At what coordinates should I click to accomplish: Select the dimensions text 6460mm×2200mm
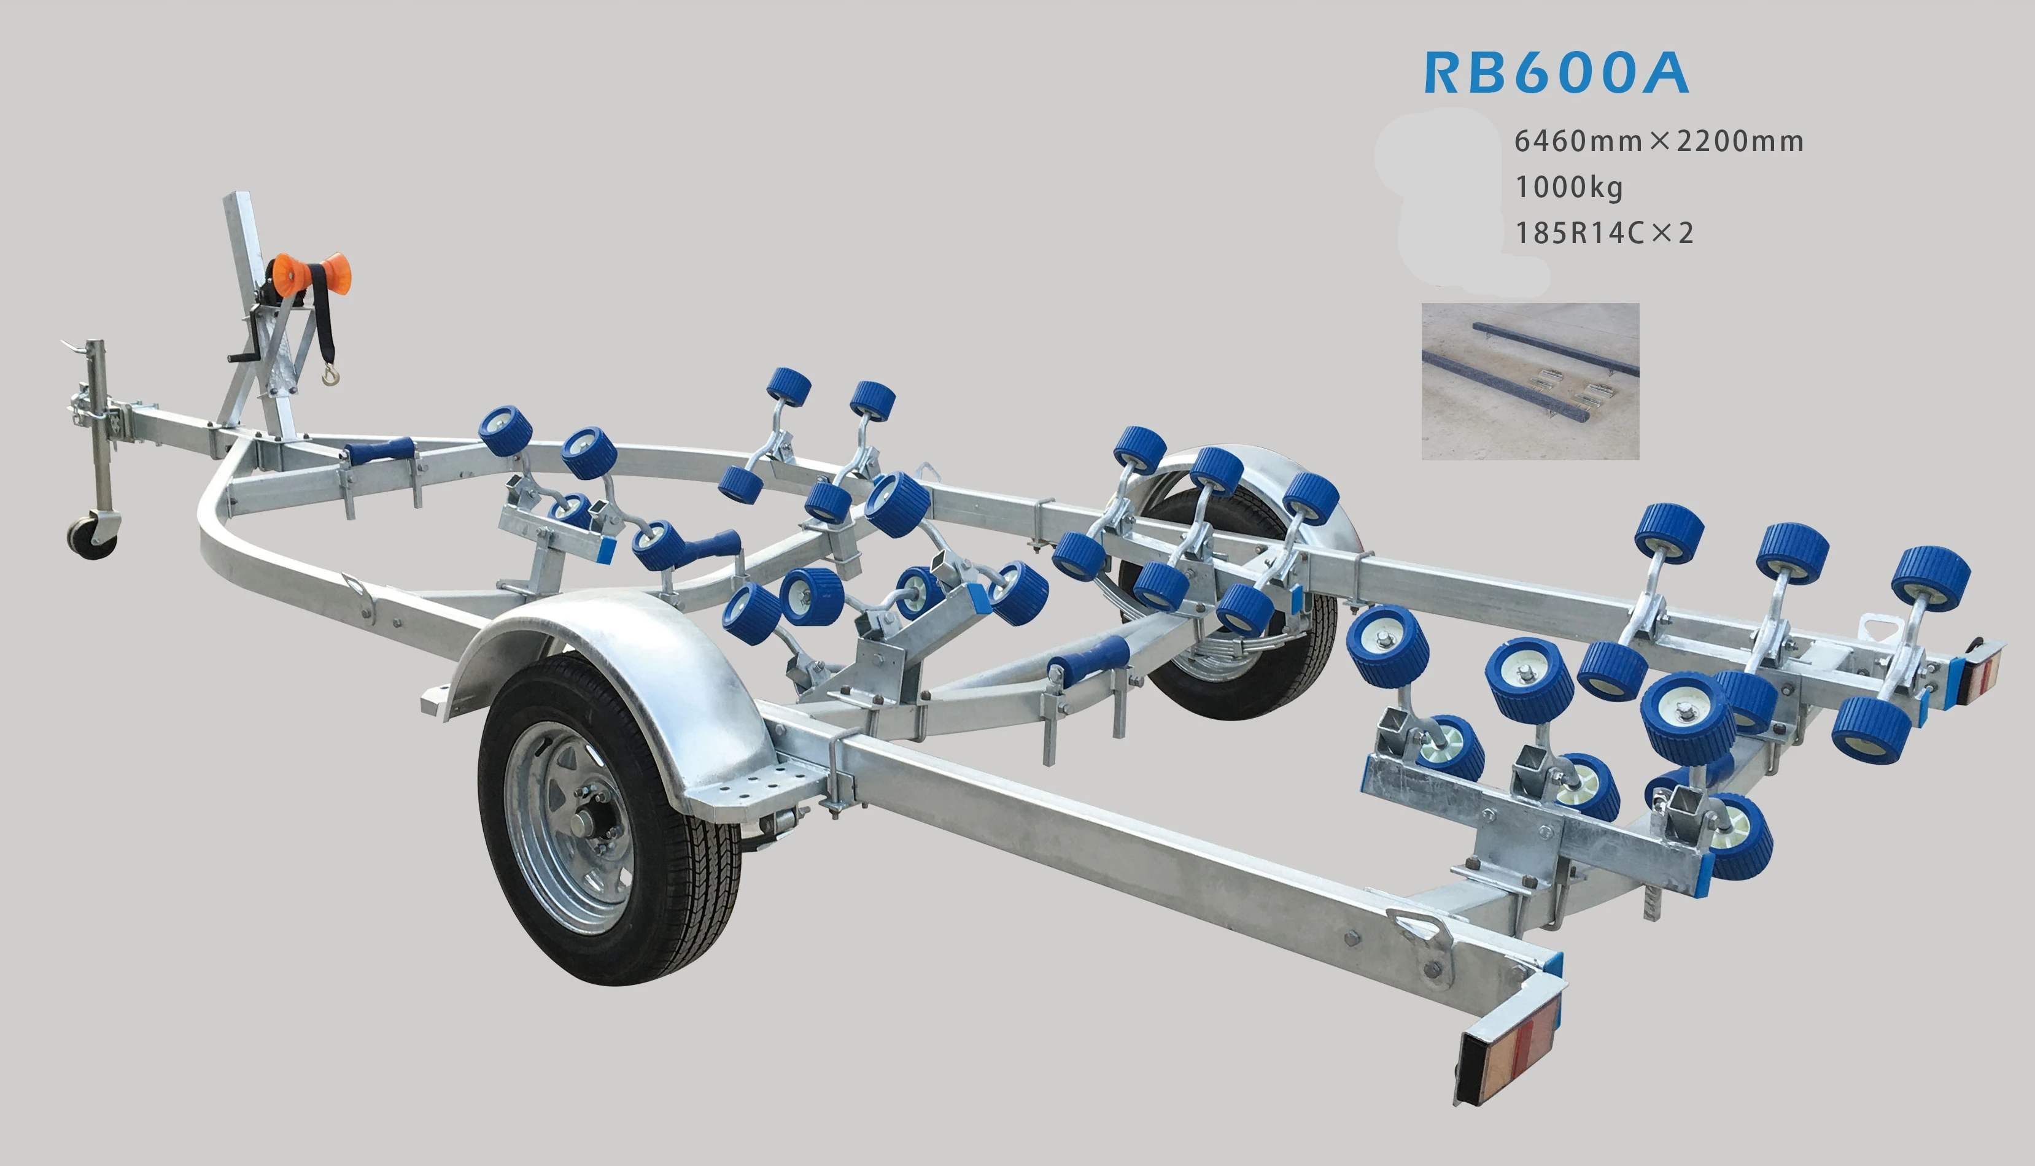pyautogui.click(x=1659, y=141)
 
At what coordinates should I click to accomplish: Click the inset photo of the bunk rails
pyautogui.click(x=1530, y=381)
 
